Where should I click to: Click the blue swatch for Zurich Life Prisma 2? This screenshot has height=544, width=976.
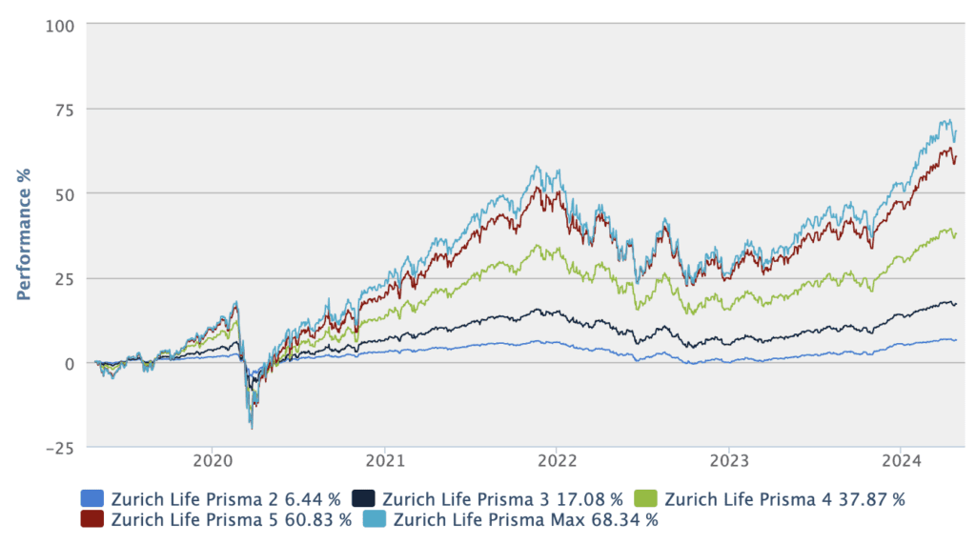92,498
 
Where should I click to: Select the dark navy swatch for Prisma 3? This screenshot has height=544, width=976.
363,498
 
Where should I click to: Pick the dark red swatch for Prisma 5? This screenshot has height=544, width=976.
92,520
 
